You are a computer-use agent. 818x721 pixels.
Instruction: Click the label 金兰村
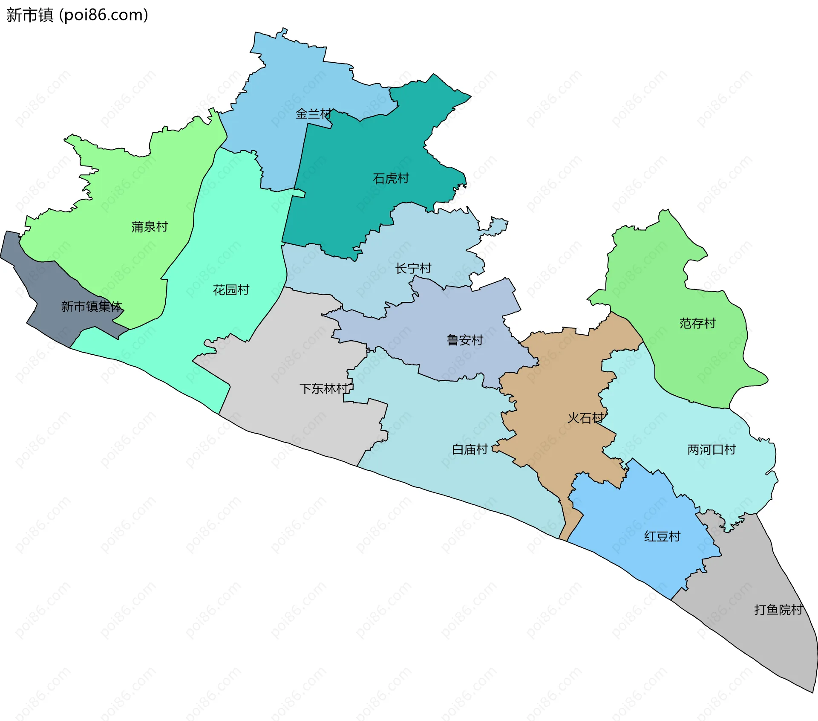pos(313,114)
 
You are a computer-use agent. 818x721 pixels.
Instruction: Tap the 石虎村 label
pos(391,178)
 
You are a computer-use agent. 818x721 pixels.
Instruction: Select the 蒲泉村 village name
pos(150,227)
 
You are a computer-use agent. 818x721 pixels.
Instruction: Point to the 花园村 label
pos(231,290)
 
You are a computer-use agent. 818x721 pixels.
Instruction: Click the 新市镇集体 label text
pos(92,306)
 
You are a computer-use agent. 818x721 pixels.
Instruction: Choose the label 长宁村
pos(413,268)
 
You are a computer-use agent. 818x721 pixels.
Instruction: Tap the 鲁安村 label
pos(464,340)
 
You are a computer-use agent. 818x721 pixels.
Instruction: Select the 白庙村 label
pos(469,449)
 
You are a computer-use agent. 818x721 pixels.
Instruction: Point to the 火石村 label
pos(585,418)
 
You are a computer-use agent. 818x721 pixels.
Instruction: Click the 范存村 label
pos(697,323)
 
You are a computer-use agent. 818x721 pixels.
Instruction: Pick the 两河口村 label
pos(711,449)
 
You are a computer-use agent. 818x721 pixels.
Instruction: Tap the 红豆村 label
pos(662,536)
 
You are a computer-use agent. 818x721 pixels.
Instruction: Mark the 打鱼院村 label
pos(778,610)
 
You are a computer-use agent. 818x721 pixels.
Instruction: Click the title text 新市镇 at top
pos(30,15)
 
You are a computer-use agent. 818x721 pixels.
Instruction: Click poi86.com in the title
pos(104,15)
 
